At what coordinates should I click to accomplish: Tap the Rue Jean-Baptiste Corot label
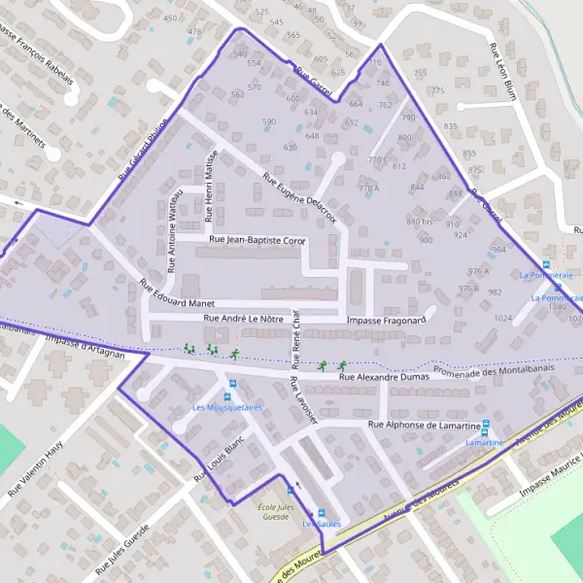click(x=257, y=239)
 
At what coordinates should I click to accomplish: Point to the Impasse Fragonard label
click(x=387, y=319)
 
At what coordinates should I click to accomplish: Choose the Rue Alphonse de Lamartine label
click(x=425, y=426)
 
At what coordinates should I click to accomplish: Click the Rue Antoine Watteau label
click(x=175, y=224)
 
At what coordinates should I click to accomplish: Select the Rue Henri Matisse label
click(x=209, y=184)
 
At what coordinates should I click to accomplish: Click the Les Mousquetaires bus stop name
click(x=227, y=408)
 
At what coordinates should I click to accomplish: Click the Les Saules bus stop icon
click(x=323, y=514)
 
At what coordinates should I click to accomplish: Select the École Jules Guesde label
click(x=280, y=511)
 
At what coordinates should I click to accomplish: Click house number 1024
click(x=502, y=318)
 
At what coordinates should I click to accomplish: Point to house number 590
click(x=269, y=122)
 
